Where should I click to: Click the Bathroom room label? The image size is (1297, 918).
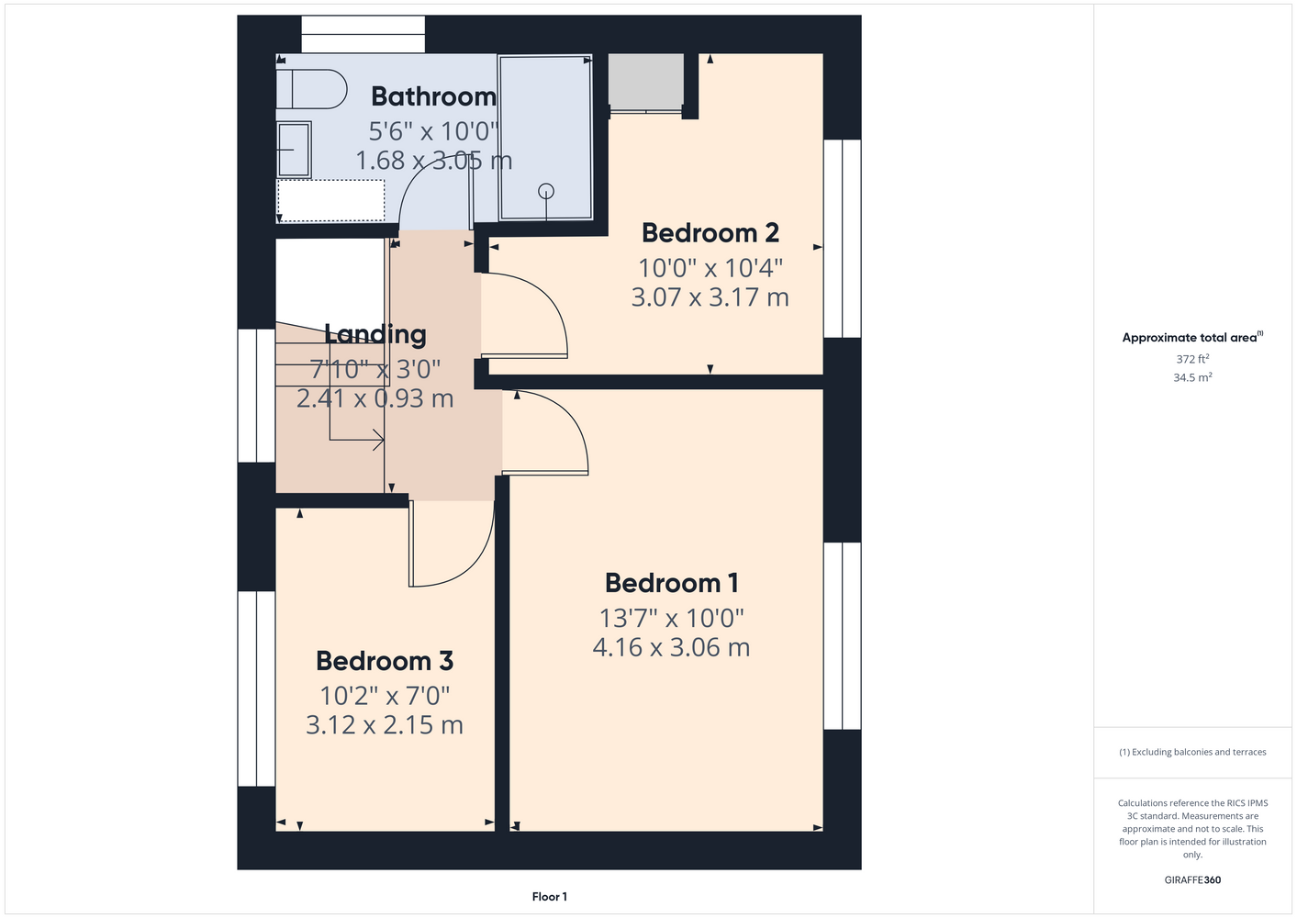[x=433, y=96]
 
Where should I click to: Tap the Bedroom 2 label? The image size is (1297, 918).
[x=710, y=233]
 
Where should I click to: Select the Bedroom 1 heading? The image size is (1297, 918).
[x=672, y=583]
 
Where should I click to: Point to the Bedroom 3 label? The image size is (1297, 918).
[x=385, y=661]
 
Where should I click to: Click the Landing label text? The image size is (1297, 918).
[x=375, y=334]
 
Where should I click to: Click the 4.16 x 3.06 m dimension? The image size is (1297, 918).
[x=671, y=647]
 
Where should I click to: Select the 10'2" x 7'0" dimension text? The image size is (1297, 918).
[x=385, y=696]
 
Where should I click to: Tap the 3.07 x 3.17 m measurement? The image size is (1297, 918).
[x=710, y=297]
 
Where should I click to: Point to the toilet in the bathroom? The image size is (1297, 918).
[x=311, y=89]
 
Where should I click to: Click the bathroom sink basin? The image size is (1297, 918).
[x=294, y=150]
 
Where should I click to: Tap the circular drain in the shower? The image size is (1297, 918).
[x=546, y=191]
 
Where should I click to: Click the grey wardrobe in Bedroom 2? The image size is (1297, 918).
[x=645, y=82]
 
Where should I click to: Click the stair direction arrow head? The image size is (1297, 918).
[x=379, y=440]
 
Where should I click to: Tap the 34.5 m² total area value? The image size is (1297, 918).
[x=1192, y=377]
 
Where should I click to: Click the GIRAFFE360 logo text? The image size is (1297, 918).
[x=1192, y=879]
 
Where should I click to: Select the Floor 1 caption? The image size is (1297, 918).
[x=550, y=897]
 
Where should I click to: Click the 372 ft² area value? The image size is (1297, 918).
[x=1192, y=359]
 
